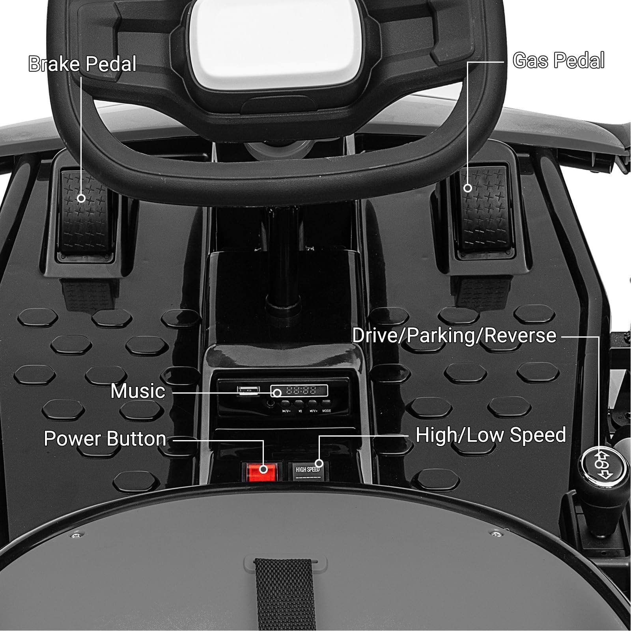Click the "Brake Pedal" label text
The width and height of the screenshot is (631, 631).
point(82,64)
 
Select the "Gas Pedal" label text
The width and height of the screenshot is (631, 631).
point(558,61)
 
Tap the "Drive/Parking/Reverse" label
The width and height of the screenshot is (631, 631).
point(454,336)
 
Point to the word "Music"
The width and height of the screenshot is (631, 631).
point(138,391)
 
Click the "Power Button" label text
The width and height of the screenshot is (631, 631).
point(105,439)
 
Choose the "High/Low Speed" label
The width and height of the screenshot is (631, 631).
point(491,435)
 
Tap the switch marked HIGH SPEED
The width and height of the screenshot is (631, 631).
point(308,471)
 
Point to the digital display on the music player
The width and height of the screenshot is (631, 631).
point(299,391)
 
